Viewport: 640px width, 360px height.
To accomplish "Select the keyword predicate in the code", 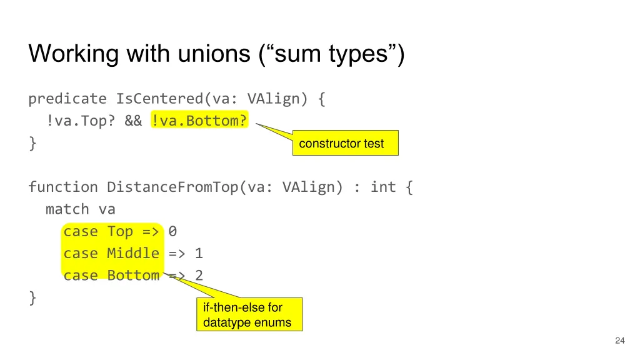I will coord(67,99).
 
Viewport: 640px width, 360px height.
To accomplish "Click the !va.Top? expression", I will coord(81,121).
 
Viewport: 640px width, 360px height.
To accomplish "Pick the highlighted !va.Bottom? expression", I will coord(199,121).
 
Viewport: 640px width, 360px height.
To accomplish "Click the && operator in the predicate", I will coord(133,121).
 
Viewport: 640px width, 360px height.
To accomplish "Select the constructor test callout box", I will coord(345,143).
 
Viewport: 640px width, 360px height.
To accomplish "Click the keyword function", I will coord(63,187).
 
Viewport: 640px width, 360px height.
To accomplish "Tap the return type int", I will coord(383,187).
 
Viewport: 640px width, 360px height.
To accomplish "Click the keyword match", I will coord(67,209).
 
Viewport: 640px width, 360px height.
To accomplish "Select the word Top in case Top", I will coord(120,231).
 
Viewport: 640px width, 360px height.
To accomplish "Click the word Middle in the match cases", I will coord(133,253).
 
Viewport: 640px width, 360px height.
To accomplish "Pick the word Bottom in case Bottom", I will coord(133,276).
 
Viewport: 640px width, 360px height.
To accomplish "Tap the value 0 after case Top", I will coord(172,231).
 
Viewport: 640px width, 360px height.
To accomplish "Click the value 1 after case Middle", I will coord(199,253).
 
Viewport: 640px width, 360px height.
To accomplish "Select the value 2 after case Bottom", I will coord(199,276).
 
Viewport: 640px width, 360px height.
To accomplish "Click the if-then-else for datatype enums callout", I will coord(249,315).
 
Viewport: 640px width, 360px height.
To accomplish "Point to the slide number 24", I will coord(619,341).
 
